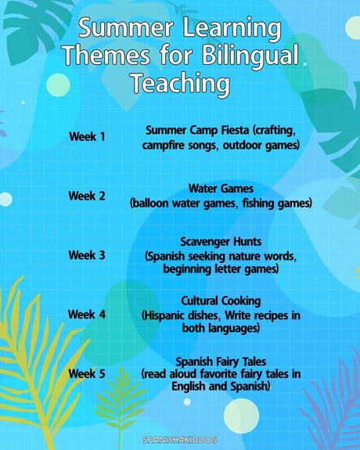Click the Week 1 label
click(87, 137)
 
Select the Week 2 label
click(87, 196)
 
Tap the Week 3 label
click(87, 255)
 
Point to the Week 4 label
click(87, 315)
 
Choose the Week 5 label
click(87, 373)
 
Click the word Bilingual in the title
click(250, 56)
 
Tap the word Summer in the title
click(130, 30)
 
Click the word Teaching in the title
click(180, 83)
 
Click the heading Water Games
click(221, 189)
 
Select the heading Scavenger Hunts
click(221, 242)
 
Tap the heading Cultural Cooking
click(221, 301)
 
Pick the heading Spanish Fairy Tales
click(221, 361)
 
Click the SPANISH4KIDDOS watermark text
click(181, 441)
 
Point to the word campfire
click(164, 145)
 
